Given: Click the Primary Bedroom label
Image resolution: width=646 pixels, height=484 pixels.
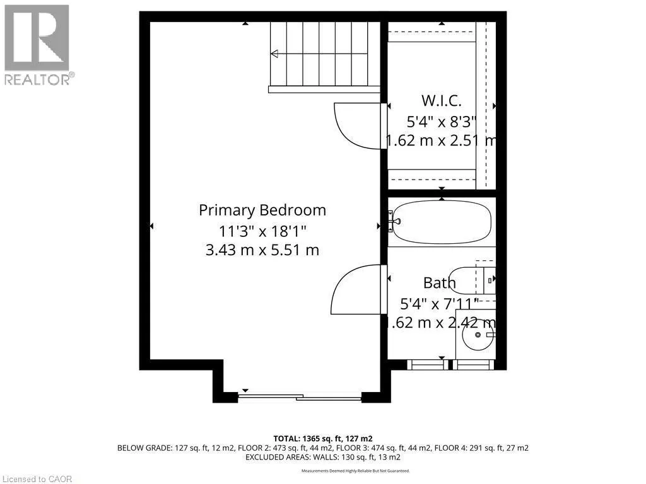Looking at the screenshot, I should (262, 210).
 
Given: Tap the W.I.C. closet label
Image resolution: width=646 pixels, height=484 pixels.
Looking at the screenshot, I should (442, 100).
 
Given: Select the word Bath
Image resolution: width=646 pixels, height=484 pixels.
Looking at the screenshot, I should (440, 283).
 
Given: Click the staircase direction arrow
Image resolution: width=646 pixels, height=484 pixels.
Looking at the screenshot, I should (275, 54).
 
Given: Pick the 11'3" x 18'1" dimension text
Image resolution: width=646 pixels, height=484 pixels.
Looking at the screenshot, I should (262, 230).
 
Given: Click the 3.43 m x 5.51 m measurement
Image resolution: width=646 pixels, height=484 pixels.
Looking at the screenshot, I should (262, 250).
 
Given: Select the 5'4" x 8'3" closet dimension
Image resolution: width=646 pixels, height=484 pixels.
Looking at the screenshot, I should (442, 120).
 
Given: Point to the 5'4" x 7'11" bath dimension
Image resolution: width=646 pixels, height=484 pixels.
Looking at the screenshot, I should (440, 303).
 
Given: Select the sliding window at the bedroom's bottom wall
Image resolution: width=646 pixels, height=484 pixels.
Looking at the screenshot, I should (299, 397).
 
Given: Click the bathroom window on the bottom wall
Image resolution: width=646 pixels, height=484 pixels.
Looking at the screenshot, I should (449, 364).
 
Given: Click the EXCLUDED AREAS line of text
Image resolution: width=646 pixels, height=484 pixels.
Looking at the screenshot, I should (322, 457).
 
